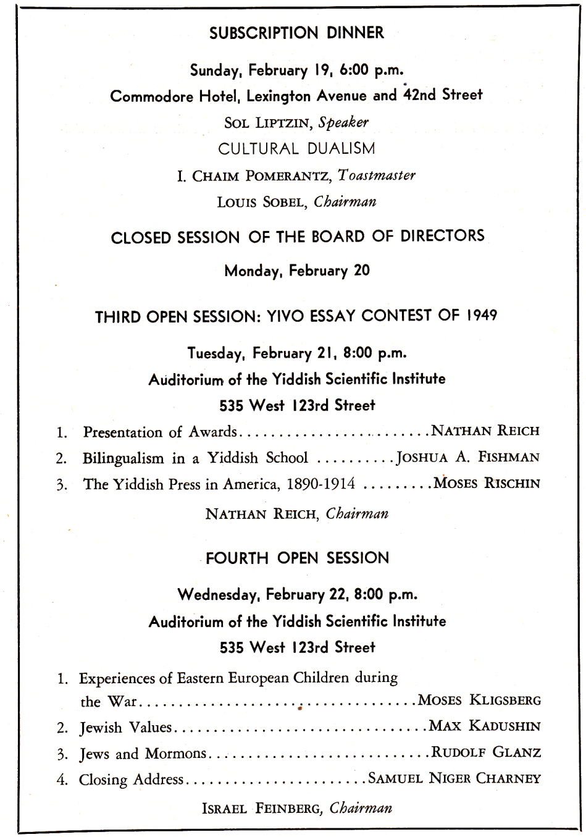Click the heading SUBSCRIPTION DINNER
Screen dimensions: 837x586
tap(296, 33)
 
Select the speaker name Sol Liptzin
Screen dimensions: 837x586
tap(267, 122)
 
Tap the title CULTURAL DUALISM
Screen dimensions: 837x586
tap(296, 149)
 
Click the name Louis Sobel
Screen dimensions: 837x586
tap(262, 203)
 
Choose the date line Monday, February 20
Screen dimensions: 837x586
tap(296, 271)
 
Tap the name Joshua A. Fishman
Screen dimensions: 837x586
tap(468, 458)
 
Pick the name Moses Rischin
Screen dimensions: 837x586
tap(487, 484)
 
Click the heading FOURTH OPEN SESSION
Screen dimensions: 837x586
tap(297, 558)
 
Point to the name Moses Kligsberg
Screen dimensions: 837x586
tap(480, 701)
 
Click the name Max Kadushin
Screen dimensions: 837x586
tap(485, 726)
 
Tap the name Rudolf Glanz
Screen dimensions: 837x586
tap(486, 753)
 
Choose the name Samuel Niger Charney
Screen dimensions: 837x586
tap(454, 779)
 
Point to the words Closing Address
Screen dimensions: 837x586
tap(131, 780)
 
